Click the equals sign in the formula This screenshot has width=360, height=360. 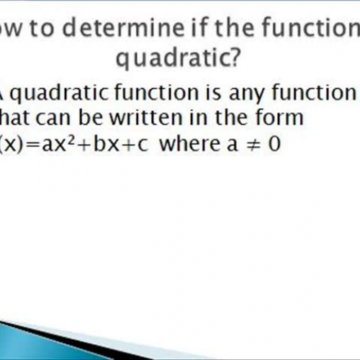pos(32,144)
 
